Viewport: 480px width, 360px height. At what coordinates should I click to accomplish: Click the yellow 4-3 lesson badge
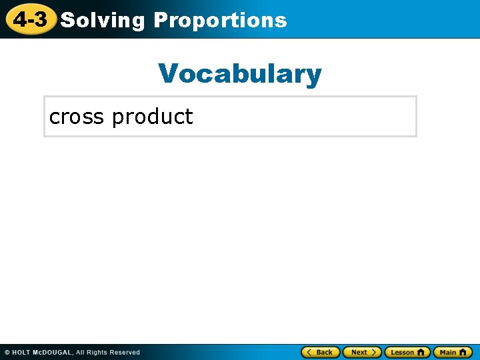[x=30, y=19]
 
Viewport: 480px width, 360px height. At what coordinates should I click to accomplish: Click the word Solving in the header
[x=102, y=20]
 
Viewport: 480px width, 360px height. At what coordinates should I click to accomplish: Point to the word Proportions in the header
[x=220, y=20]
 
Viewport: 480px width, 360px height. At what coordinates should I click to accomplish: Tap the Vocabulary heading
[x=240, y=73]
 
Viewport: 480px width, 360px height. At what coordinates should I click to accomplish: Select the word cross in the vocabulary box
[x=77, y=117]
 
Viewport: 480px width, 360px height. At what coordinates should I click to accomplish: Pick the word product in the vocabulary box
[x=153, y=117]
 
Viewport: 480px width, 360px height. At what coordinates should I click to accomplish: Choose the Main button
[x=453, y=352]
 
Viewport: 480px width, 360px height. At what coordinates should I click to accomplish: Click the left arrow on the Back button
[x=309, y=352]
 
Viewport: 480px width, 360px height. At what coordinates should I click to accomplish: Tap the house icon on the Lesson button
[x=421, y=352]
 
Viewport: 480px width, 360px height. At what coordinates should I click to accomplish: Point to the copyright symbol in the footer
[x=7, y=352]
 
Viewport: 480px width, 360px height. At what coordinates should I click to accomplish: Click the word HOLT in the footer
[x=22, y=352]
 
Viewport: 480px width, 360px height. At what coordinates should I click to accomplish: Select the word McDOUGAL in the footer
[x=55, y=352]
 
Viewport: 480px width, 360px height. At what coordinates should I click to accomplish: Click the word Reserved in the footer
[x=126, y=352]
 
